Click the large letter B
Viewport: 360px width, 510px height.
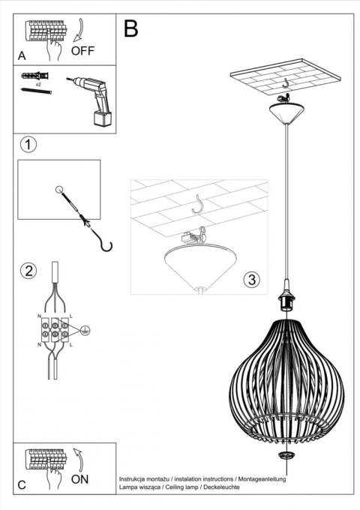click(x=131, y=29)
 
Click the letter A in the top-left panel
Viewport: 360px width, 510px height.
click(x=22, y=55)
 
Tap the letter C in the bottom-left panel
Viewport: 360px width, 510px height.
click(x=22, y=484)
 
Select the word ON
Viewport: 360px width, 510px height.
click(x=81, y=478)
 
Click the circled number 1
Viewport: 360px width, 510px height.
click(x=28, y=145)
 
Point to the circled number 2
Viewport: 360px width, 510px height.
click(x=28, y=271)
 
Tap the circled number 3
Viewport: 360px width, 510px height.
click(x=251, y=280)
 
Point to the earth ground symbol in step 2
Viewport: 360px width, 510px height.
click(x=85, y=328)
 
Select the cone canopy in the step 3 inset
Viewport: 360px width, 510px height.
click(x=199, y=265)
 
